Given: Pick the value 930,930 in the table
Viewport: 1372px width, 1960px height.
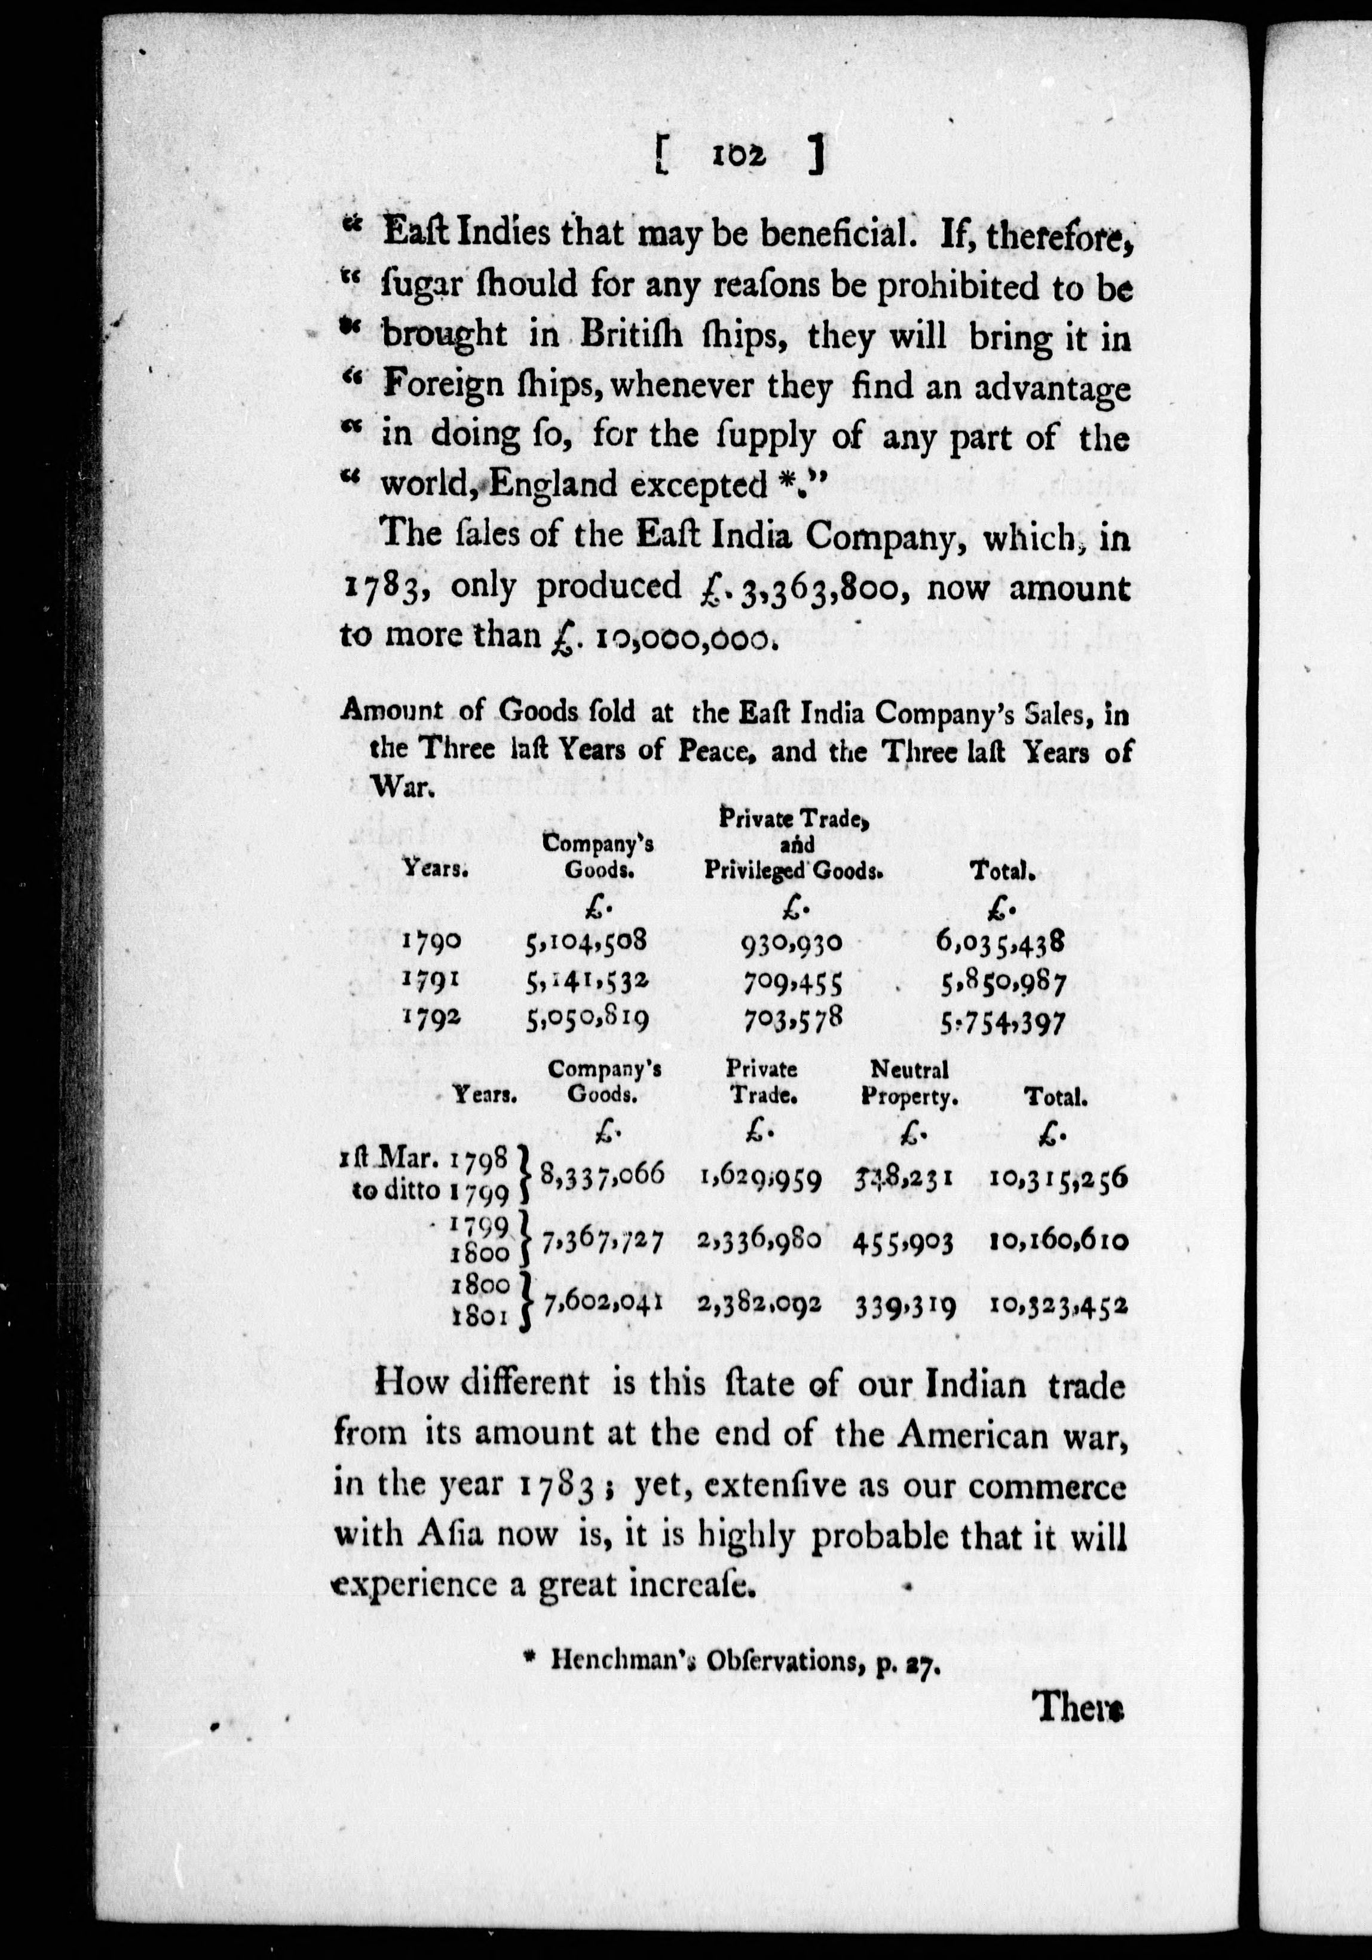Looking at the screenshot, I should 793,942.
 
